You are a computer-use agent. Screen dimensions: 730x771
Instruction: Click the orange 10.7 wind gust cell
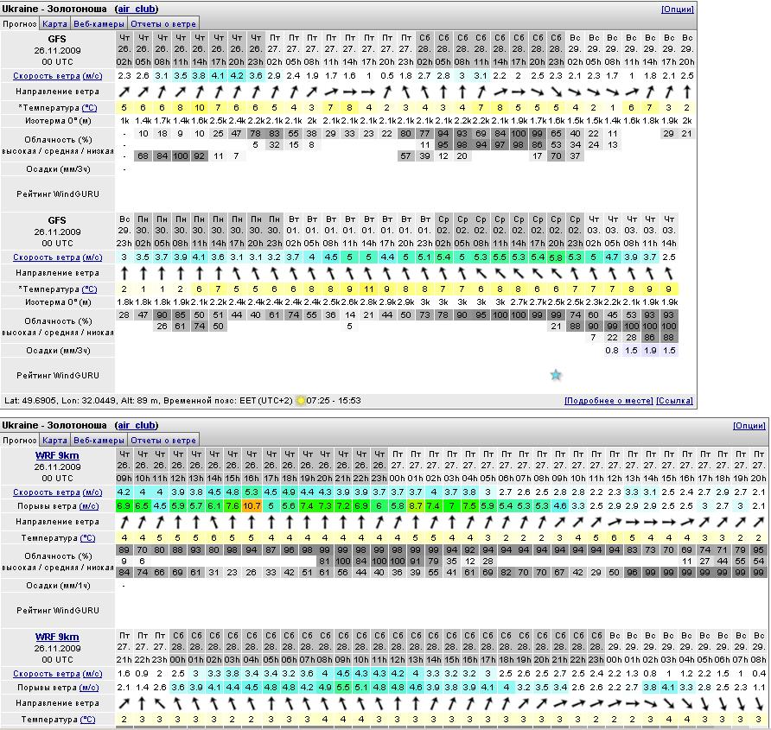click(252, 505)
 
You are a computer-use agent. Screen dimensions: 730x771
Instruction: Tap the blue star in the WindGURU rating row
click(556, 374)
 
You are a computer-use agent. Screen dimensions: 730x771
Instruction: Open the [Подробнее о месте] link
click(609, 401)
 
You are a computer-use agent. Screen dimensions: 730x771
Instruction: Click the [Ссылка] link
click(674, 401)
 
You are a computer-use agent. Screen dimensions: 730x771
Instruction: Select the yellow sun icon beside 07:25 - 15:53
click(301, 401)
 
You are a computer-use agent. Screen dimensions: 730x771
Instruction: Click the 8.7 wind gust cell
click(416, 505)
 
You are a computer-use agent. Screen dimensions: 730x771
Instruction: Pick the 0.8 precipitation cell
click(612, 351)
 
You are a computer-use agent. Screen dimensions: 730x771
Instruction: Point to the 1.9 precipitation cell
click(650, 351)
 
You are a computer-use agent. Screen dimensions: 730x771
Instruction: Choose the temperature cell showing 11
click(368, 289)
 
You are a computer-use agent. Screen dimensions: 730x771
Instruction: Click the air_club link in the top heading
click(137, 9)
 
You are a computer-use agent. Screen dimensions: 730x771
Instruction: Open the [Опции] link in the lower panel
click(749, 426)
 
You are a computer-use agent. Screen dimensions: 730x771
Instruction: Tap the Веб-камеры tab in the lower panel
click(98, 440)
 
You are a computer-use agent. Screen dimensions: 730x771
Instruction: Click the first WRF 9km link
click(57, 454)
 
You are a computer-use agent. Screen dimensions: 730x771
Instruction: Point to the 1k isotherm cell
click(124, 120)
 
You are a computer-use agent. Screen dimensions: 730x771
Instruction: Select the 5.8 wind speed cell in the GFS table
click(556, 257)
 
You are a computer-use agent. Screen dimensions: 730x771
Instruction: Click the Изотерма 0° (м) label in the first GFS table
click(57, 120)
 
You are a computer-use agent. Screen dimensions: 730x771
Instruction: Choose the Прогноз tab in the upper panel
click(20, 23)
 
